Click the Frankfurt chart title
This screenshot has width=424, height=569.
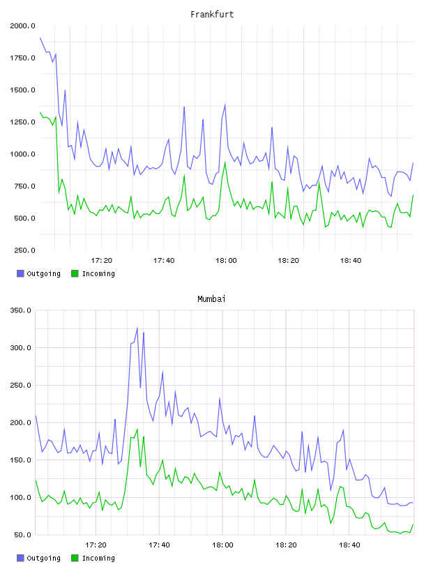(212, 14)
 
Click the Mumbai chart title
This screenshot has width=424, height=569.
(211, 298)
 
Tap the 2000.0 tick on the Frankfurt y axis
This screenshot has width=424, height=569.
(22, 26)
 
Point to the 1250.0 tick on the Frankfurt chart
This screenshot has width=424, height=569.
(22, 122)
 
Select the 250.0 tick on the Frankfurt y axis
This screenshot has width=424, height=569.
(24, 250)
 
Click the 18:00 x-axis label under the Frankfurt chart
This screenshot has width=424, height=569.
(226, 260)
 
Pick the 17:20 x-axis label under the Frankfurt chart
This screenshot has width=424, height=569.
(101, 260)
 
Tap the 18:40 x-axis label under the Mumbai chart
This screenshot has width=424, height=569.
(349, 545)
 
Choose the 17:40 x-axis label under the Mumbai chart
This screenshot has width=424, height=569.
(159, 545)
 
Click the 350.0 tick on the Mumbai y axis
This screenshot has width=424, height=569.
(20, 310)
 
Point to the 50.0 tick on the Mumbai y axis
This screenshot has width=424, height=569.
(22, 535)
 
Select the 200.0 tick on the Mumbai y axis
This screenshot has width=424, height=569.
(20, 423)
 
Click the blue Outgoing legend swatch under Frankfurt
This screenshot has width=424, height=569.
(20, 273)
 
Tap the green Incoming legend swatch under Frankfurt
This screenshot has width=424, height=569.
(75, 273)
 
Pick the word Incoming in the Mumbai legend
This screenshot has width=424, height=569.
(98, 558)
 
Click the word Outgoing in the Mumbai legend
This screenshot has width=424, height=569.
(43, 558)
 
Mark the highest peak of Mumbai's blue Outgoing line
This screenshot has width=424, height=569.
(137, 328)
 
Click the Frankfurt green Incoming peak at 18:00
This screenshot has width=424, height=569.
(225, 162)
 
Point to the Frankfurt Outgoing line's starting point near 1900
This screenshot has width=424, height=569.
(40, 38)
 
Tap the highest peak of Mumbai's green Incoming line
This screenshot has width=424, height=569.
(137, 430)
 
